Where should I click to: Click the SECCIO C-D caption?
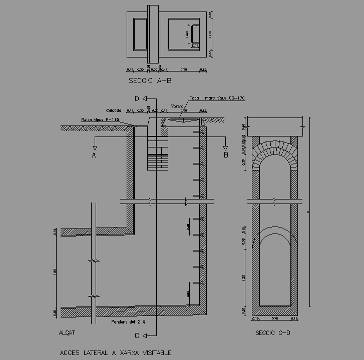[273, 332]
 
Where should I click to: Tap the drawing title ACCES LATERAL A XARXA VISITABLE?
[116, 352]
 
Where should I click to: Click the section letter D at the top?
[136, 98]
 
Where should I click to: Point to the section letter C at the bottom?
[136, 335]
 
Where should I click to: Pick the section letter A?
[94, 155]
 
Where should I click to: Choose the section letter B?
[226, 155]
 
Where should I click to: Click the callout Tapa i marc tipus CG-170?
[217, 98]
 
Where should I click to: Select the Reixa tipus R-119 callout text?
[100, 119]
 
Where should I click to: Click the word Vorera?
[177, 106]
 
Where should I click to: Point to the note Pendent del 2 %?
[128, 321]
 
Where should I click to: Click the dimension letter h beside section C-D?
[308, 211]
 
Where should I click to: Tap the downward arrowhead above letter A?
[94, 147]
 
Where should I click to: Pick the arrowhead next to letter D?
[144, 98]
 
